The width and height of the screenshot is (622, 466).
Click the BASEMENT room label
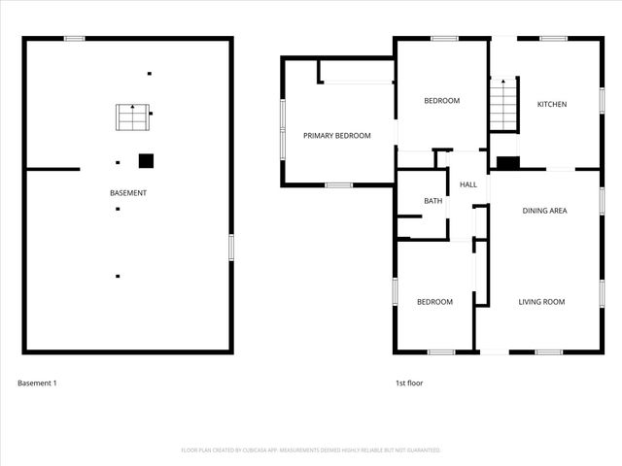pyautogui.click(x=128, y=193)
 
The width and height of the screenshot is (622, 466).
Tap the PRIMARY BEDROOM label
pyautogui.click(x=337, y=136)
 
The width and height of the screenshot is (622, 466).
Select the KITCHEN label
pyautogui.click(x=552, y=105)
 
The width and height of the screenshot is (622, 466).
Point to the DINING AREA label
pyautogui.click(x=544, y=211)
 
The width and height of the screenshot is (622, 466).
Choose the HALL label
pyautogui.click(x=467, y=184)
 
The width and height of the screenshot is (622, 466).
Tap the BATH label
pyautogui.click(x=432, y=201)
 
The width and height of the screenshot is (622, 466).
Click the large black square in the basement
pyautogui.click(x=146, y=161)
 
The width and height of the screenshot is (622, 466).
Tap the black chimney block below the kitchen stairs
pyautogui.click(x=507, y=163)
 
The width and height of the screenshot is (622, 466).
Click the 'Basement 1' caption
pyautogui.click(x=38, y=383)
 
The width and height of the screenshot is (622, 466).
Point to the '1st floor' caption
pyautogui.click(x=408, y=383)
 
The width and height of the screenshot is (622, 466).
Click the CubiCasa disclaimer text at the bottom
pyautogui.click(x=311, y=450)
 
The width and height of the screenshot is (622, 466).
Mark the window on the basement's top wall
pyautogui.click(x=75, y=38)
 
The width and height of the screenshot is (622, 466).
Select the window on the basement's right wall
pyautogui.click(x=231, y=247)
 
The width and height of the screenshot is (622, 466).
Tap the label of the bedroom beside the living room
pyautogui.click(x=434, y=302)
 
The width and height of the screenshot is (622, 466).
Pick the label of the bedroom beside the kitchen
pyautogui.click(x=441, y=101)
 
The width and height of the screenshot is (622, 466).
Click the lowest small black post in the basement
pyautogui.click(x=118, y=276)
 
